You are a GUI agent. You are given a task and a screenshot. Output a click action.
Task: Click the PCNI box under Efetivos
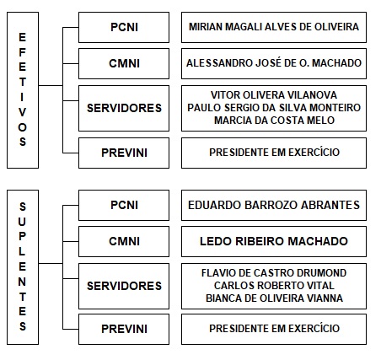click(124, 27)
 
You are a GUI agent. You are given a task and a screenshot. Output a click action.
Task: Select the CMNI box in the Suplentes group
click(124, 241)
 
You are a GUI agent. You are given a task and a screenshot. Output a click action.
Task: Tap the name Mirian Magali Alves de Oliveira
click(274, 27)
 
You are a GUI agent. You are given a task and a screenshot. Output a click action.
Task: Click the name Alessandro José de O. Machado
click(274, 63)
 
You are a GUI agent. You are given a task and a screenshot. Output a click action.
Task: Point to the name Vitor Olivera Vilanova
click(274, 95)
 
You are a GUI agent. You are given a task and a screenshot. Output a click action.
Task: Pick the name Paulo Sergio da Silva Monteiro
click(274, 108)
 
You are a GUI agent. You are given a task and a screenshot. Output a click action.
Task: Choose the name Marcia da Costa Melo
click(274, 121)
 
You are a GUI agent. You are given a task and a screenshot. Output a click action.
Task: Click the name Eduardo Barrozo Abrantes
click(274, 205)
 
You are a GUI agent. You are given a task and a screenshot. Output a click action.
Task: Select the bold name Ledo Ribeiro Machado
click(274, 241)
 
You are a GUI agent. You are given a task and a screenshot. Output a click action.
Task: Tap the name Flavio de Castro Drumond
click(274, 273)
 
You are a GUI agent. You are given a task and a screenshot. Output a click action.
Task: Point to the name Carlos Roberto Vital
click(274, 286)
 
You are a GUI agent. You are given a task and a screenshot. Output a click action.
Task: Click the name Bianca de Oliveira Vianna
click(274, 298)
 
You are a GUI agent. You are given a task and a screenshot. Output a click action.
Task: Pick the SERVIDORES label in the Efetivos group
click(124, 108)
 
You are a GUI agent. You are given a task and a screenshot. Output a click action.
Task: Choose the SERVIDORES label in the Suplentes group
click(124, 286)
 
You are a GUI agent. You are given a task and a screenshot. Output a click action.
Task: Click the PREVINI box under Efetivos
click(124, 153)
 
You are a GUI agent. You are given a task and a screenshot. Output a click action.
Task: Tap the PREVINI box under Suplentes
click(124, 329)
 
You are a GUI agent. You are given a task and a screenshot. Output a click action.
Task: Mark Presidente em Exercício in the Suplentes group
click(274, 328)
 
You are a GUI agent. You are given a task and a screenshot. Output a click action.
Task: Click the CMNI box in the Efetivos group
click(124, 63)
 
